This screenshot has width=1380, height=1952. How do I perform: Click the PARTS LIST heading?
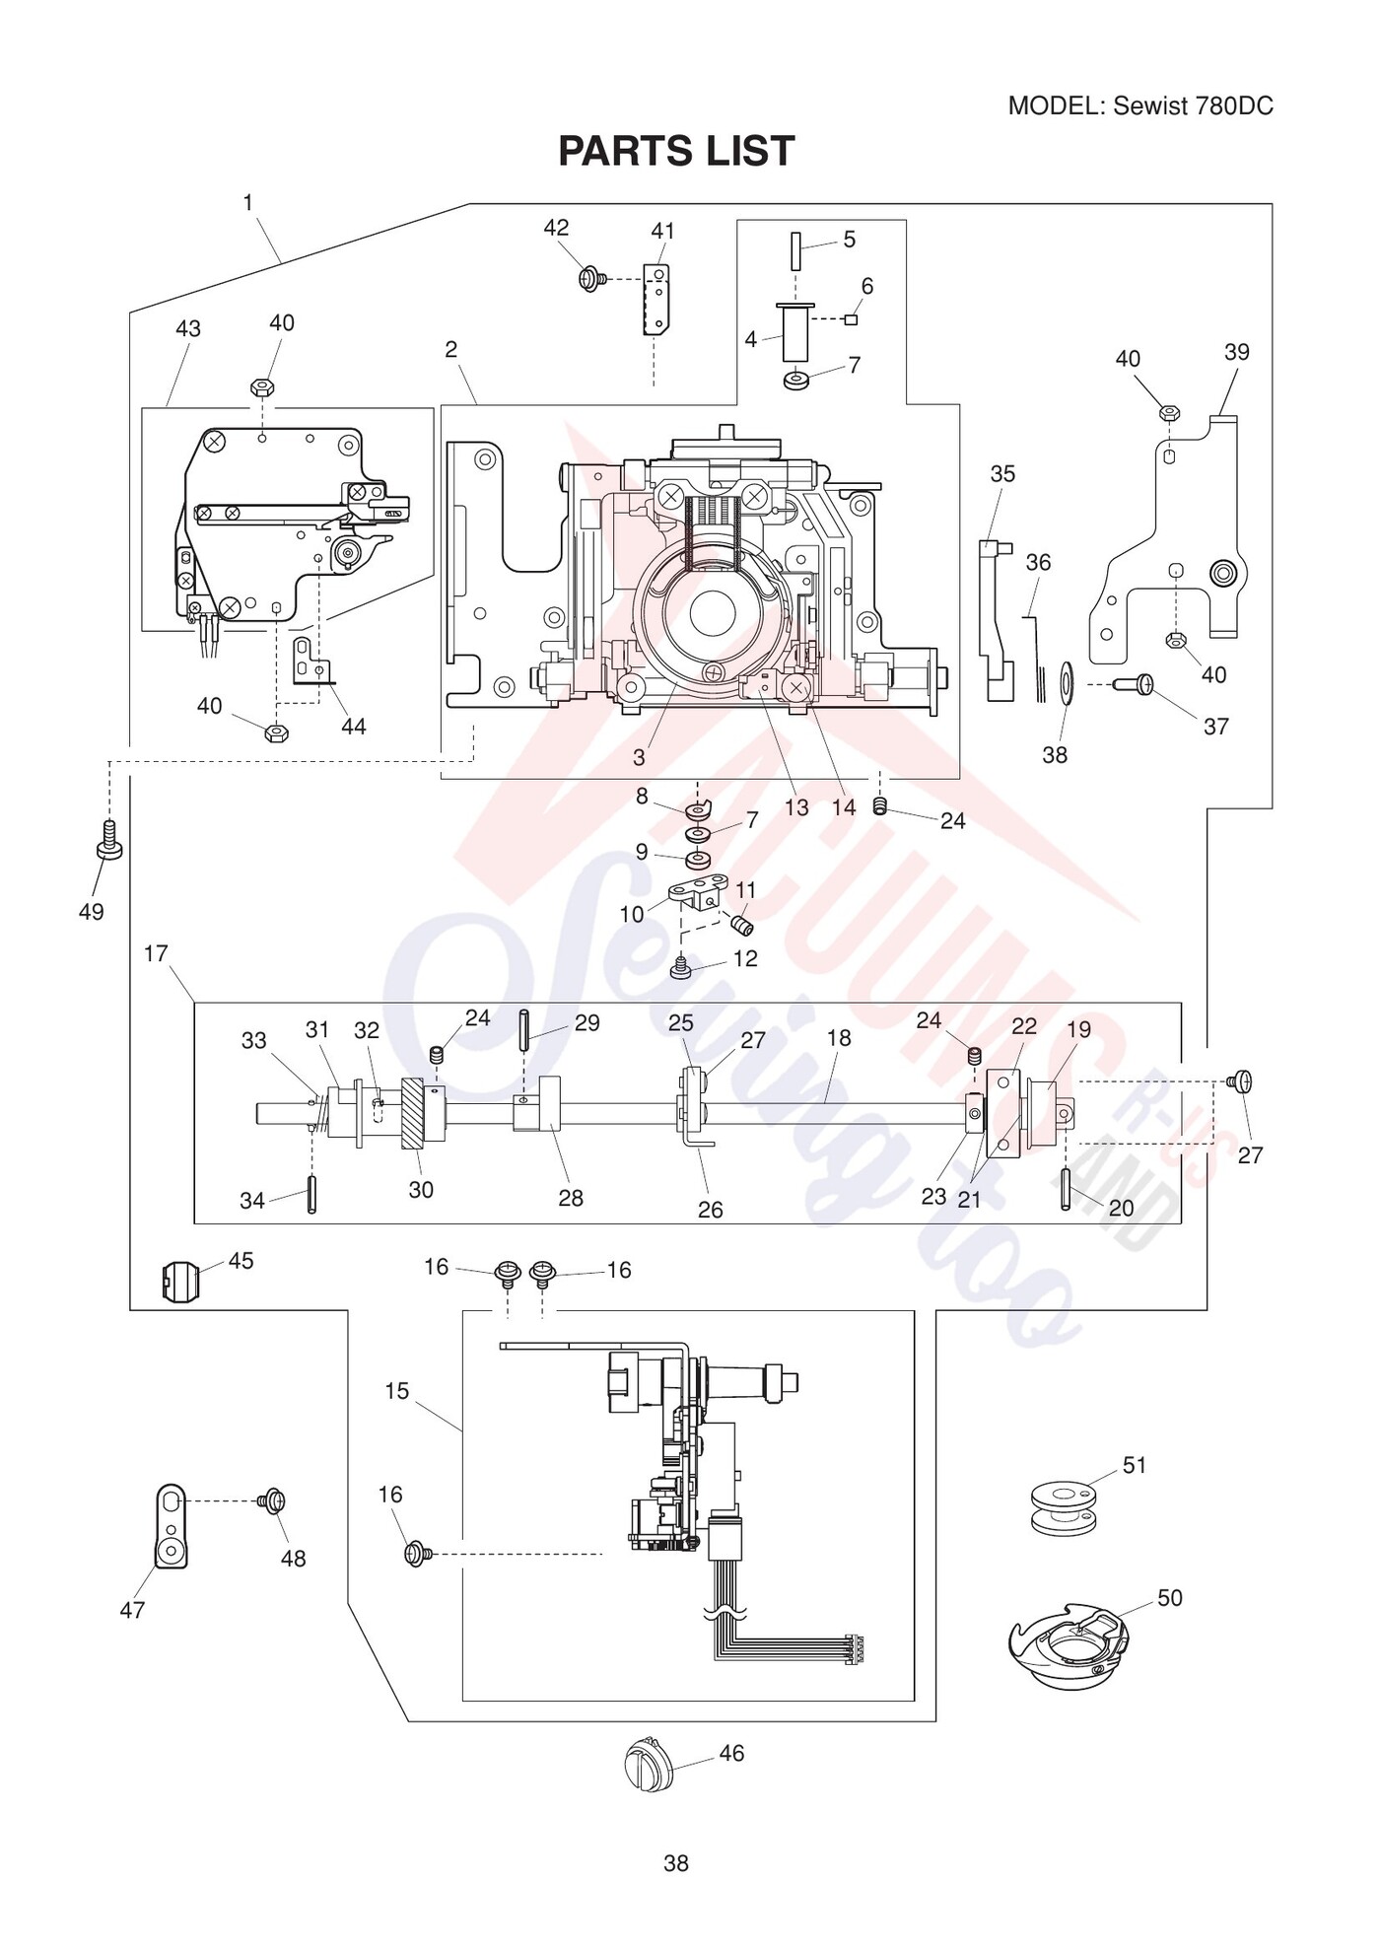click(676, 151)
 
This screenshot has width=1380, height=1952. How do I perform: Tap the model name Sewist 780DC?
click(1193, 106)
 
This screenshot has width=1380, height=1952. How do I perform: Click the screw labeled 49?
click(110, 839)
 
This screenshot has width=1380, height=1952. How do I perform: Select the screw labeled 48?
click(272, 1501)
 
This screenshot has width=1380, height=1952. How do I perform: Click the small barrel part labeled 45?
click(178, 1281)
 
